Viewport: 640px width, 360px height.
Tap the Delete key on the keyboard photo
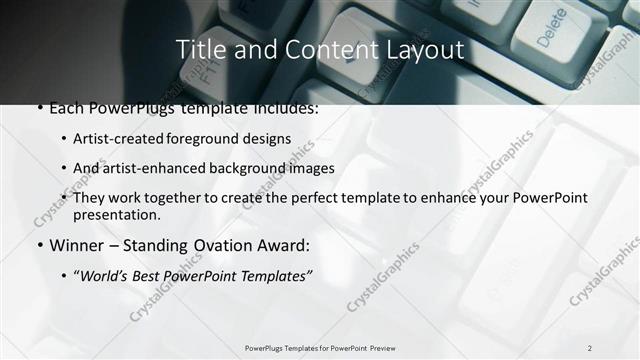coord(551,28)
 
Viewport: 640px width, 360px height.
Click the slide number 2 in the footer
coord(589,347)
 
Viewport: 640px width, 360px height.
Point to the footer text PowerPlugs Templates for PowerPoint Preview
coord(319,347)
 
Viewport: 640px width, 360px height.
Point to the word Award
coord(285,245)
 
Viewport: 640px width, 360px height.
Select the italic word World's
coord(106,275)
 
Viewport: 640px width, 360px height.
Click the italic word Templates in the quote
coord(276,275)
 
